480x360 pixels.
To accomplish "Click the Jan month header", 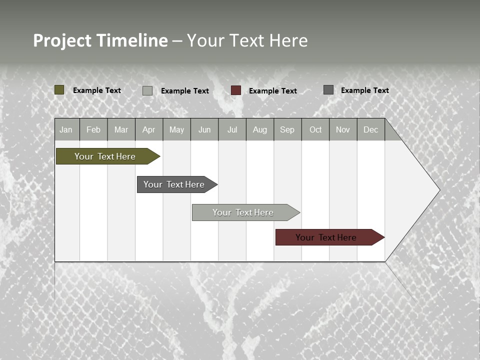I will (x=66, y=130).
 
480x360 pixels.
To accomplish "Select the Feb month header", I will (x=93, y=130).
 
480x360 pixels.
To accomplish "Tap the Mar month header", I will (x=121, y=130).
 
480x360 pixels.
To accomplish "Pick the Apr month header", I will (x=149, y=130).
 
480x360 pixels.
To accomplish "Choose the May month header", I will (x=176, y=130).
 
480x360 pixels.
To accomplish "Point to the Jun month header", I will (x=204, y=130).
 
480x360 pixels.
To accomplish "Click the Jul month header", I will (x=232, y=130).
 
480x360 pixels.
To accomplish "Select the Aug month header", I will (x=260, y=130).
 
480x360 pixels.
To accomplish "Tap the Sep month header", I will (x=287, y=130).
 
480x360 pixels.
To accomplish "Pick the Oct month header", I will (x=315, y=130).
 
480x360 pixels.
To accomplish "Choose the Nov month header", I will (x=343, y=130).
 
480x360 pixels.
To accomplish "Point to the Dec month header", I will (x=371, y=130).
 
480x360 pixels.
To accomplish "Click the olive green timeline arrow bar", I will (x=105, y=156).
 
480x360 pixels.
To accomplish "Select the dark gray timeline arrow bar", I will (x=174, y=184).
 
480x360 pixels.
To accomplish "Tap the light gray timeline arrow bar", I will (x=243, y=212).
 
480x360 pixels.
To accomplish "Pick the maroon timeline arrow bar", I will (x=326, y=237).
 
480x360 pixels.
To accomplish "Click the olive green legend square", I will (x=59, y=90).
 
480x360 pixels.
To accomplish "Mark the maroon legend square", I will (x=236, y=90).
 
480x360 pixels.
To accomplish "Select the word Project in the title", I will (x=62, y=40).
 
